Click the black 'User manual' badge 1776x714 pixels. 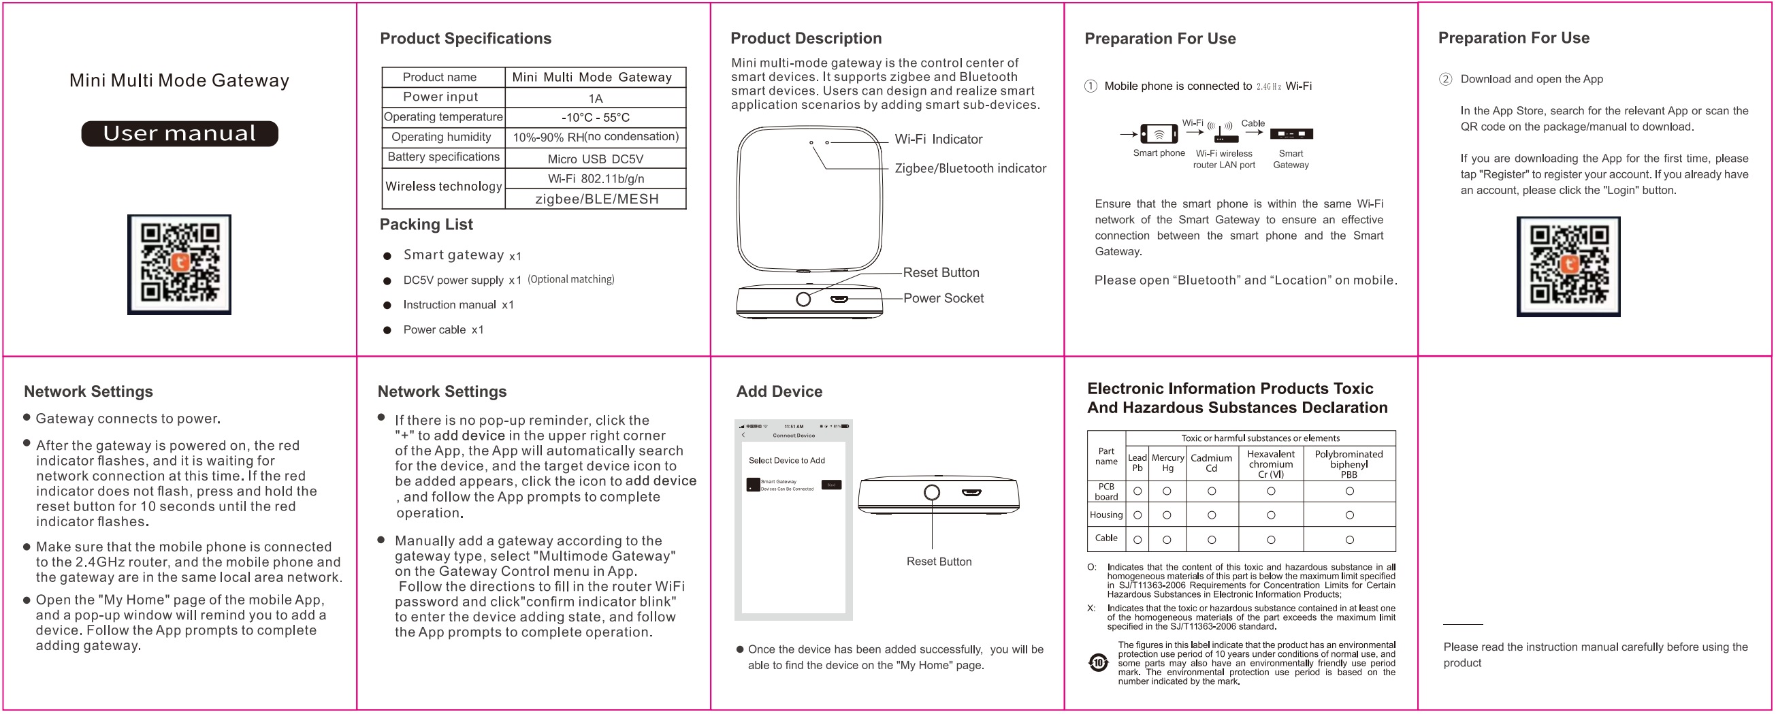click(179, 133)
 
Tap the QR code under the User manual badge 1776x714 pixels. click(179, 264)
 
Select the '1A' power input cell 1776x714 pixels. click(595, 99)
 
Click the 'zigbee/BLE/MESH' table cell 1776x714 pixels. click(596, 199)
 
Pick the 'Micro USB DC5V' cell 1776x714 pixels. click(595, 159)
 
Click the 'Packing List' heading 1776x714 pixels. click(426, 225)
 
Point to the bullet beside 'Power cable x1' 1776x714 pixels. click(387, 331)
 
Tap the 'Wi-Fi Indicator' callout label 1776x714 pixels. click(937, 140)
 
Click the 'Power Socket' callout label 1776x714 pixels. click(943, 298)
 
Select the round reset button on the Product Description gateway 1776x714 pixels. click(803, 299)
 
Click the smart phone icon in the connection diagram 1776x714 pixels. click(1159, 133)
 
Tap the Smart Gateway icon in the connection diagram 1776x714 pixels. click(1291, 134)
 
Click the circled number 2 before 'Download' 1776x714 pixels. click(1445, 79)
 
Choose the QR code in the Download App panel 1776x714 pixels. click(1568, 267)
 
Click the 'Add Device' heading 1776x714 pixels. click(779, 391)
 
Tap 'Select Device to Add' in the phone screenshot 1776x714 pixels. click(787, 460)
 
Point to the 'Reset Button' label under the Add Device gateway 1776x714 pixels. click(938, 562)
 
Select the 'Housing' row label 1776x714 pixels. click(1106, 515)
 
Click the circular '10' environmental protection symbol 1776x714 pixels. click(1097, 663)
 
